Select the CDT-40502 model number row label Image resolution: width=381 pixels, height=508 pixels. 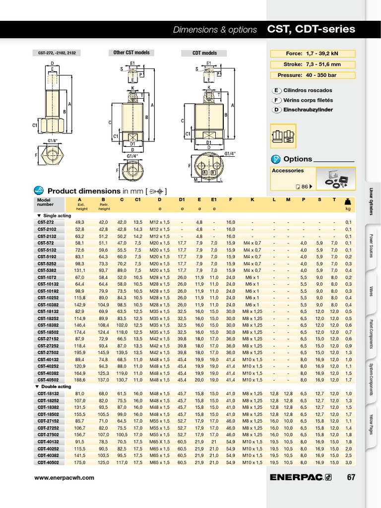48,462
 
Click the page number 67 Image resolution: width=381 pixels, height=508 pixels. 351,477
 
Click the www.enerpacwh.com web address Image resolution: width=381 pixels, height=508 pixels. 63,478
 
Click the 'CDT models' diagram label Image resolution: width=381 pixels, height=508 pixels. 204,53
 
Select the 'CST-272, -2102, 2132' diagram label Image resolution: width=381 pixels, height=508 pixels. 57,53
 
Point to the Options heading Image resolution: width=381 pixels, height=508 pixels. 297,159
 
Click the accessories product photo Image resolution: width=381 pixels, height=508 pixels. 337,179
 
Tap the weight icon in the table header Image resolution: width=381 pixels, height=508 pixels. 348,201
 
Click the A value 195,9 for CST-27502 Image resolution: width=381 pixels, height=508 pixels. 80,353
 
